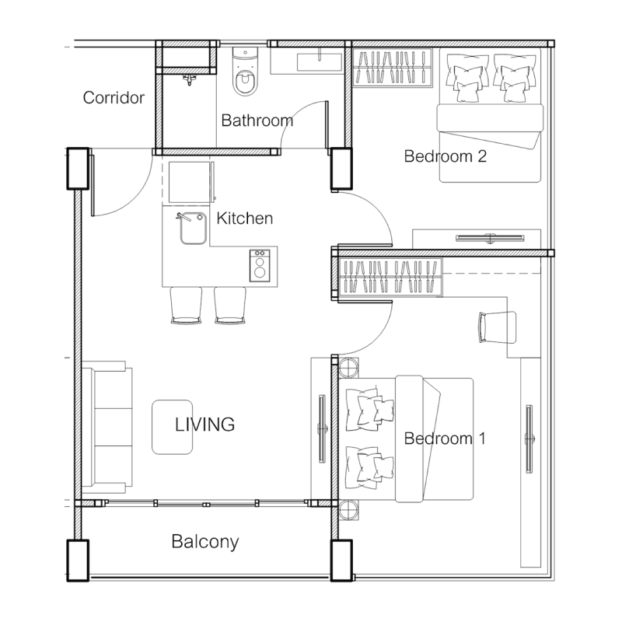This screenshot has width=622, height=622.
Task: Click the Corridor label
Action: pos(114,98)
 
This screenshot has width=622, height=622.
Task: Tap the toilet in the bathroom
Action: pos(245,72)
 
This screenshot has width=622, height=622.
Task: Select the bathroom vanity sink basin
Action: pos(320,62)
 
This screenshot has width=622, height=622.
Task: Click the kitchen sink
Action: pos(193,228)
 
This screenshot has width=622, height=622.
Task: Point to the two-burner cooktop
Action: pos(260,265)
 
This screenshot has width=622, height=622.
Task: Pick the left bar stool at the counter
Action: pos(186,305)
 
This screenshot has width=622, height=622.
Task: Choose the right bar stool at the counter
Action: pos(229,305)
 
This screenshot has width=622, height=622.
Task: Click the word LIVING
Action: pos(204,425)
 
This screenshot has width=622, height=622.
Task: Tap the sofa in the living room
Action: pos(107,427)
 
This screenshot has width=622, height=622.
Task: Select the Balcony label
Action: pos(205,542)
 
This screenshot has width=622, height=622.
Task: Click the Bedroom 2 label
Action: pos(445,156)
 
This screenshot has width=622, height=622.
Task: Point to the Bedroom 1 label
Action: pos(445,439)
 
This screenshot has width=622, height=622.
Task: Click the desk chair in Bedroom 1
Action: pos(498,327)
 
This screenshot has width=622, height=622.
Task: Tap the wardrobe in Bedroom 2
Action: pos(393,67)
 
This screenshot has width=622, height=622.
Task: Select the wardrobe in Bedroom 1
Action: pos(390,277)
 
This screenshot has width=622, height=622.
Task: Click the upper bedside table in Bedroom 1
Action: pos(348,368)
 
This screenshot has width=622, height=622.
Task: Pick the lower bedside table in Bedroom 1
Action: pos(348,509)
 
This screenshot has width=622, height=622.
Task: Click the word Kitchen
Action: pos(245,218)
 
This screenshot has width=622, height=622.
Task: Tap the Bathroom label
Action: pos(257,121)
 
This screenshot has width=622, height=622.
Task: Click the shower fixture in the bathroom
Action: pos(190,80)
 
